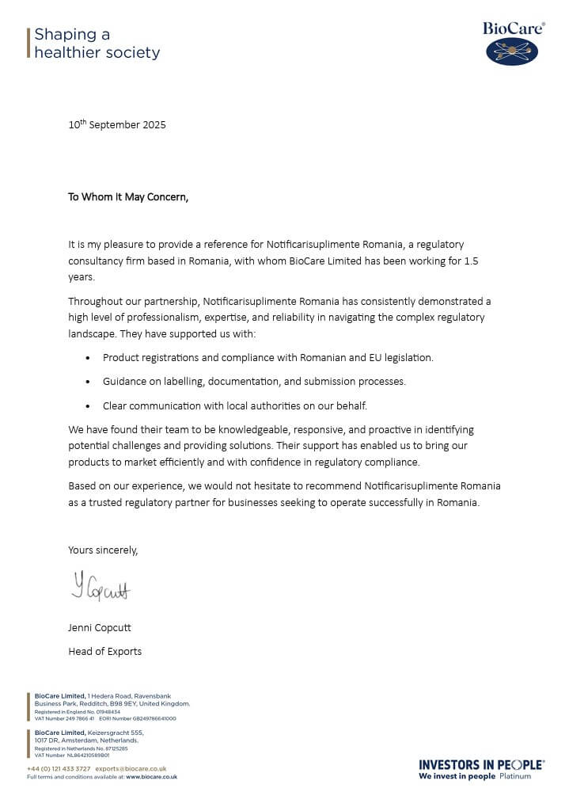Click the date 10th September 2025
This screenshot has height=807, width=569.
tap(117, 125)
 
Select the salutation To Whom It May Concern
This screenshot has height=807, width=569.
tap(128, 197)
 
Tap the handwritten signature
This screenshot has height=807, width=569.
tap(101, 588)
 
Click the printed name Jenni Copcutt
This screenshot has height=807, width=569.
tap(100, 628)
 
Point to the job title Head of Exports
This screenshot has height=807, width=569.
tap(105, 652)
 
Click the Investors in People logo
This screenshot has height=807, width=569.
tap(481, 769)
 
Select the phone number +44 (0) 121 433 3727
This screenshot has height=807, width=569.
tap(59, 769)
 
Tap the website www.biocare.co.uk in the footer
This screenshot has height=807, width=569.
tap(151, 777)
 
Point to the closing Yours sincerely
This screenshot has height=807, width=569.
tap(103, 550)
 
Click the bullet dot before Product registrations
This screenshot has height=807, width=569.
tap(87, 358)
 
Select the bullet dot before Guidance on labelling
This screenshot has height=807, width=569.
tap(87, 382)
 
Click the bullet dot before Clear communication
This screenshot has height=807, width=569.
tap(87, 406)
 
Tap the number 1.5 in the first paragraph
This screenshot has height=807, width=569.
tap(472, 261)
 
